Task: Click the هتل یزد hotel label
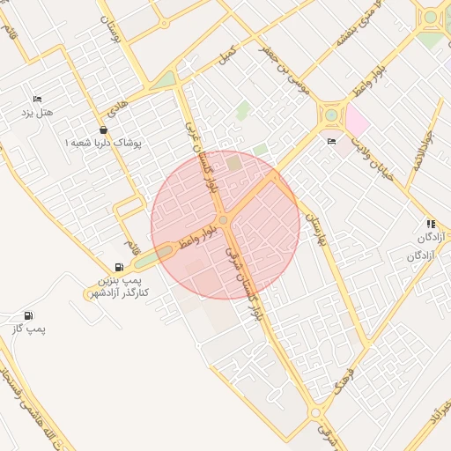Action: [38, 114]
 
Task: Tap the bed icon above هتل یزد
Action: [37, 99]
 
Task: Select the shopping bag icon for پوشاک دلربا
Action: [103, 129]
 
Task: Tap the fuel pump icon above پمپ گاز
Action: [29, 315]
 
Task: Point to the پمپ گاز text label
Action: [28, 329]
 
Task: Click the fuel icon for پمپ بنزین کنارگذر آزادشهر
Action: [119, 267]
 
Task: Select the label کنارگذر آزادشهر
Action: [117, 291]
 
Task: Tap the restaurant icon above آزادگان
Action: [431, 224]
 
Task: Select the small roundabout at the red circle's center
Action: [224, 219]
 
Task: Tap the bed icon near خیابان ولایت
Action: [331, 141]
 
